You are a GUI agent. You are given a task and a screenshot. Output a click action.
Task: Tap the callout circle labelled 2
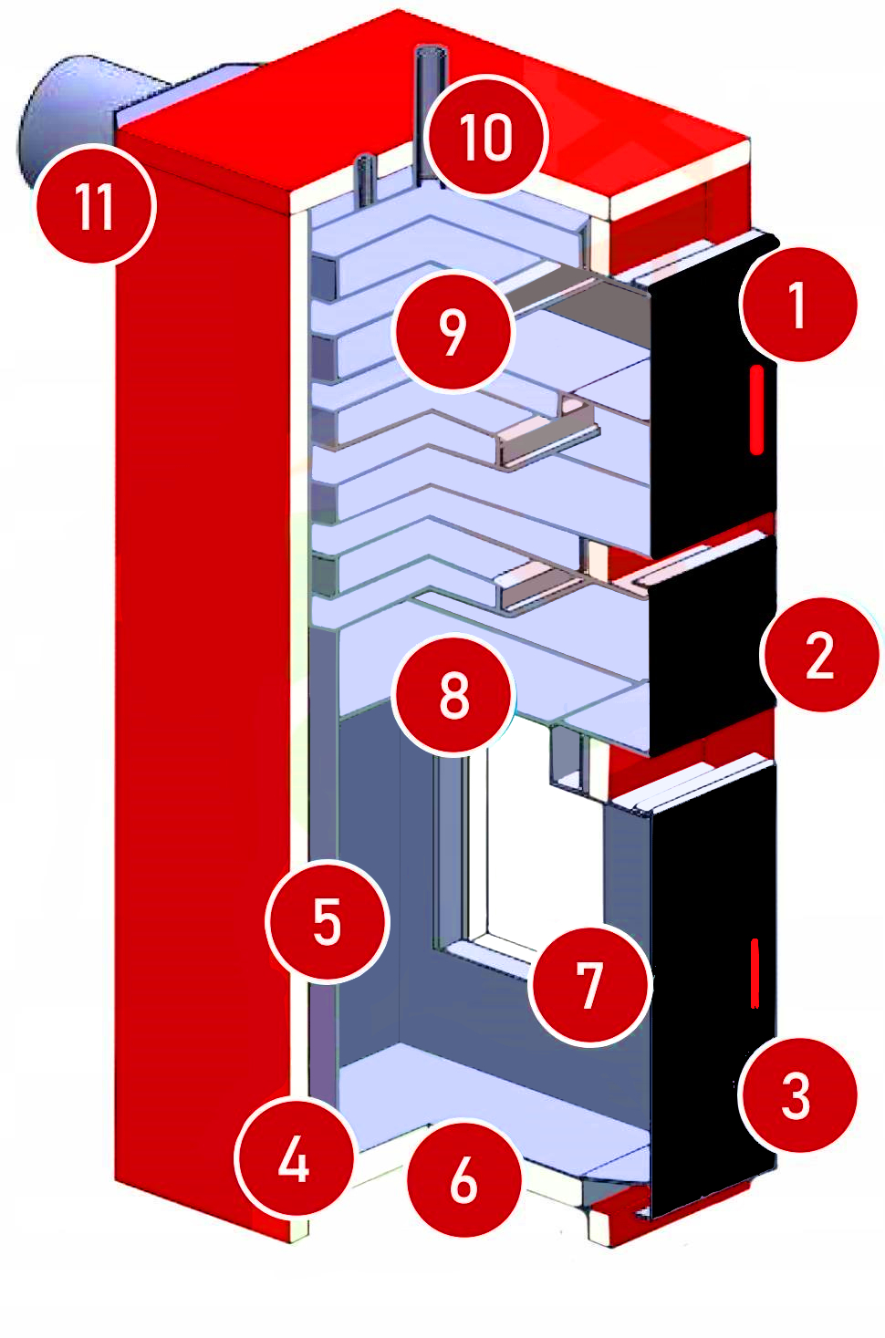point(820,654)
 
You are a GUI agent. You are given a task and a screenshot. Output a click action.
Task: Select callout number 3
point(797,1094)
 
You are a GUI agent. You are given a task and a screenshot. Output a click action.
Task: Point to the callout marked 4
point(294,1160)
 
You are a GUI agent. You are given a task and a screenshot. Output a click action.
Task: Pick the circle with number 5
point(327,921)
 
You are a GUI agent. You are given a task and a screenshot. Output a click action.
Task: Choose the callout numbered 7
point(590,985)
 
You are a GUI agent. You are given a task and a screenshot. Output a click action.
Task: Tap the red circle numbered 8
point(453,695)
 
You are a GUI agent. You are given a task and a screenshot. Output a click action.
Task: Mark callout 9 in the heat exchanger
point(453,331)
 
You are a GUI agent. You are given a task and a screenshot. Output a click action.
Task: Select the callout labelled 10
point(487,137)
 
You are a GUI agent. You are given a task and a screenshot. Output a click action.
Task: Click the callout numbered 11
point(95,205)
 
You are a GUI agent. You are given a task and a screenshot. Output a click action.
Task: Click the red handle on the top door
point(755,410)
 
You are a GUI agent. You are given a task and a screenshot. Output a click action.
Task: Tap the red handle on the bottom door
point(755,974)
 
